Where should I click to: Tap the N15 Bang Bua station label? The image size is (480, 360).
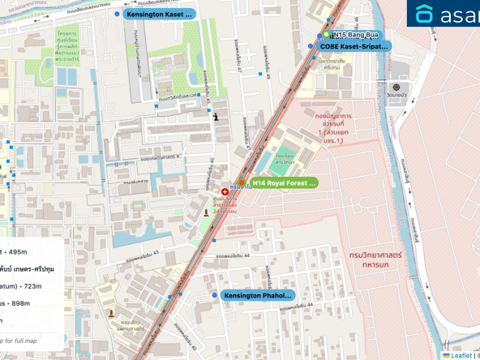click(x=357, y=36)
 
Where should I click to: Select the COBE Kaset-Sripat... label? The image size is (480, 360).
click(x=354, y=47)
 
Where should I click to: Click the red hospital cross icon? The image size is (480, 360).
click(x=225, y=191)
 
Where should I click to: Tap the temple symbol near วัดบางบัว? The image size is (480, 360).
click(x=396, y=87)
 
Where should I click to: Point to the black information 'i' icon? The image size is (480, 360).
click(x=215, y=117)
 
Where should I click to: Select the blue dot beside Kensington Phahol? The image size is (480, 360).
click(x=214, y=295)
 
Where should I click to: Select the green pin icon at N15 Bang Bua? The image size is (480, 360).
click(x=326, y=36)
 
